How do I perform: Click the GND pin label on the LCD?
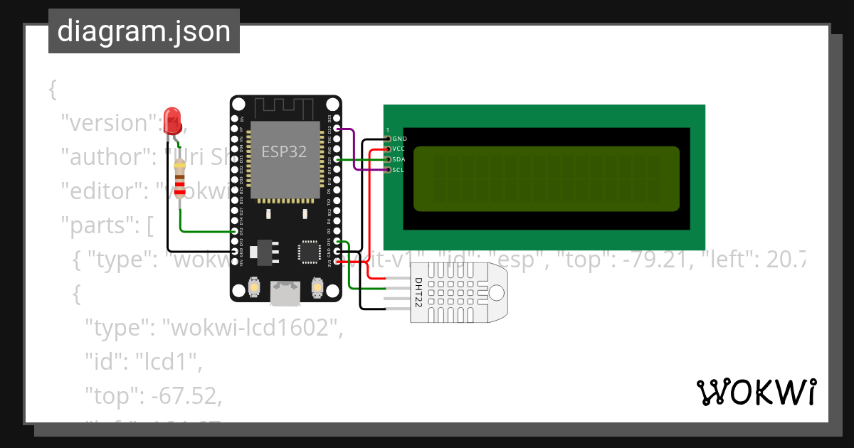(x=399, y=139)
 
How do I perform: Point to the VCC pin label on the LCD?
(x=399, y=149)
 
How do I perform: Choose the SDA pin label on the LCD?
(x=399, y=159)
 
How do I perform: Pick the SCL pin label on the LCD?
(x=399, y=170)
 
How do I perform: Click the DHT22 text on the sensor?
(x=419, y=292)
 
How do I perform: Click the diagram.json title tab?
(x=144, y=31)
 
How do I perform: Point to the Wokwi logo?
(x=756, y=392)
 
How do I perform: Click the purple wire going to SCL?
(x=356, y=160)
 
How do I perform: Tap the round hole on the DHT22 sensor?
(x=495, y=292)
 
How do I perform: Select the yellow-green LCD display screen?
(x=547, y=179)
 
